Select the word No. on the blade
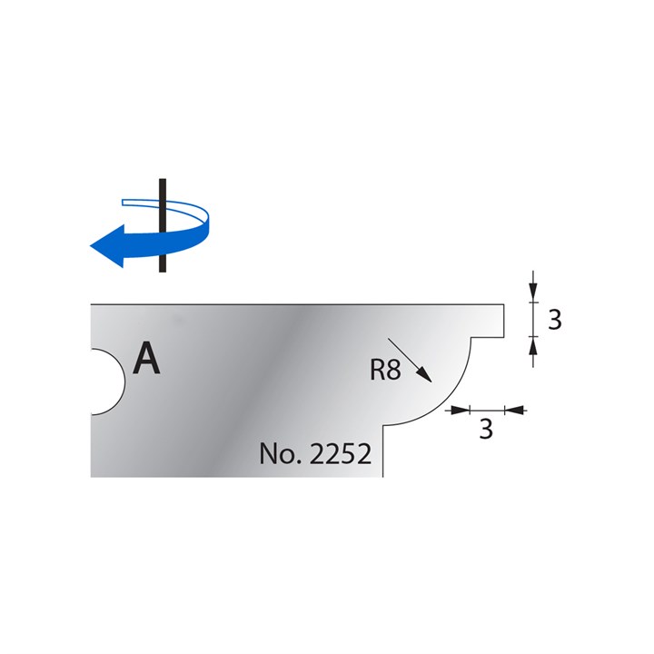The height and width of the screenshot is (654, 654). [x=281, y=454]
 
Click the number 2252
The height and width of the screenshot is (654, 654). [x=342, y=454]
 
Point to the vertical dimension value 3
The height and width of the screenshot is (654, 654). [x=555, y=319]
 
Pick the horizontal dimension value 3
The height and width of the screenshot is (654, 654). [x=485, y=430]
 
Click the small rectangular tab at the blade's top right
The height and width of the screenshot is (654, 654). [x=494, y=319]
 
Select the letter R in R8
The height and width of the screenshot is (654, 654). [x=380, y=371]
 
